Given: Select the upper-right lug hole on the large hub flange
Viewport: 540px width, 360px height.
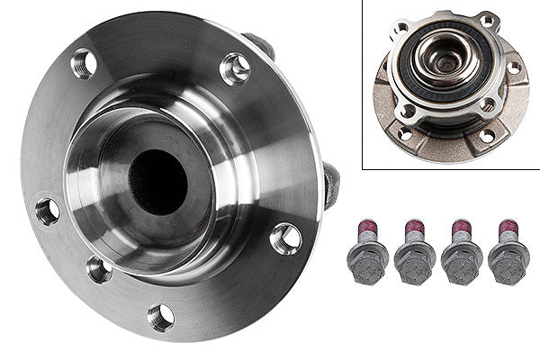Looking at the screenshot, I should coord(235,69).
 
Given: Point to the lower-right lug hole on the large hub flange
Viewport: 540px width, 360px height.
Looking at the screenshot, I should coord(285,238).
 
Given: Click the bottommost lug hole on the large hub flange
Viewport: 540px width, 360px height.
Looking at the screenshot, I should coord(160,316).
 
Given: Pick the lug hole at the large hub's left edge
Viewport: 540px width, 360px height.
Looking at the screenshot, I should coord(47,211).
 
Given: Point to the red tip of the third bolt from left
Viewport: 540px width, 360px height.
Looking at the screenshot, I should coord(462,227).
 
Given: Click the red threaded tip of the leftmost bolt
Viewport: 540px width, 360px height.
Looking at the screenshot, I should coord(369,227).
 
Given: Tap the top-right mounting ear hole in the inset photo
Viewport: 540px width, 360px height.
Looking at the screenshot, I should coord(487,22).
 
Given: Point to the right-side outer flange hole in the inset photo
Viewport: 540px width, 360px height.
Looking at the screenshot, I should coord(514,67).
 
